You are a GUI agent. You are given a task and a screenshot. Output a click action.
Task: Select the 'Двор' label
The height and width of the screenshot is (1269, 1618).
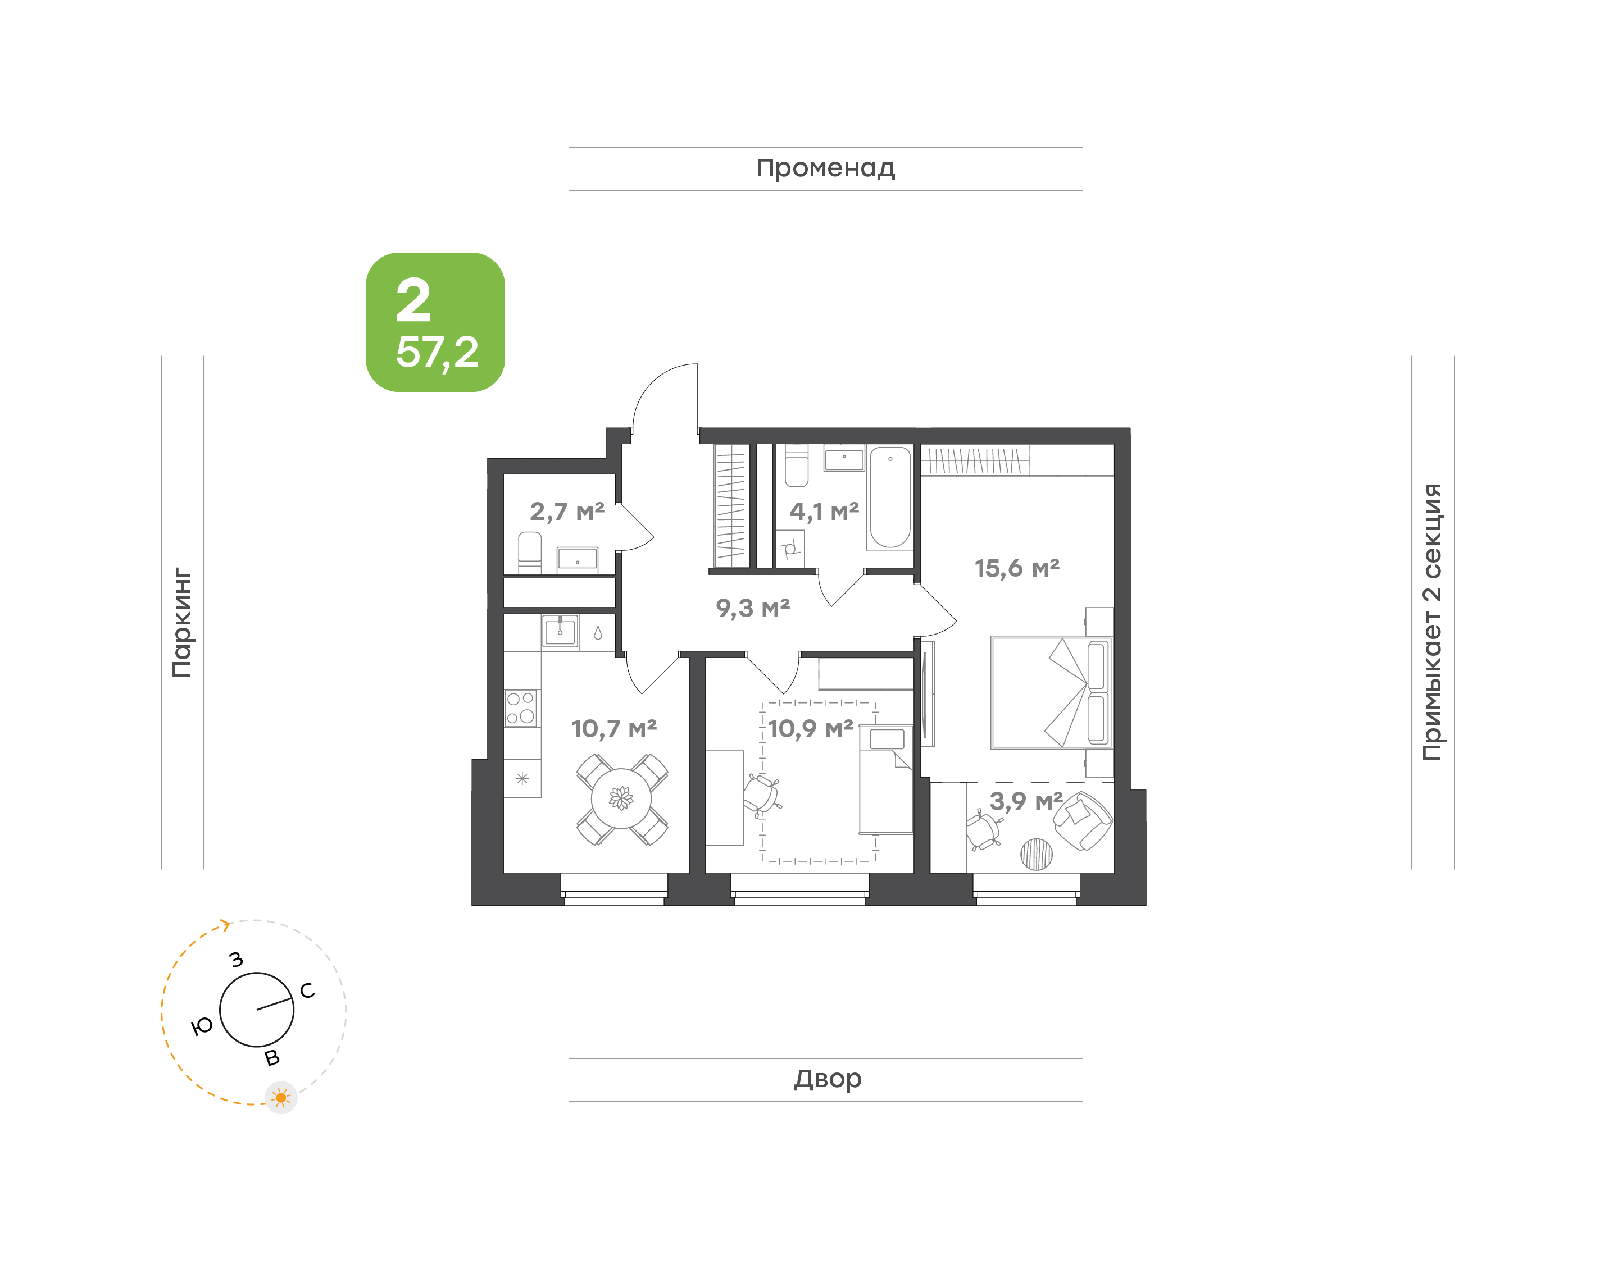[827, 1079]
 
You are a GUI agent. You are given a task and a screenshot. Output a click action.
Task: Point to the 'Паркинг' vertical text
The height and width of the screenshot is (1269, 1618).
[182, 623]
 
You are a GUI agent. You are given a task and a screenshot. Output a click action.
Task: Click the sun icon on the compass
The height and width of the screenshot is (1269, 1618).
[281, 1097]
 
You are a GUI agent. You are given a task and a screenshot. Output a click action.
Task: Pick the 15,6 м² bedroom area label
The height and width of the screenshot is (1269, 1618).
[1017, 568]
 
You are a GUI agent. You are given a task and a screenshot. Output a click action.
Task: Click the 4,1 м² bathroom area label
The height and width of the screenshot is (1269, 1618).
[824, 511]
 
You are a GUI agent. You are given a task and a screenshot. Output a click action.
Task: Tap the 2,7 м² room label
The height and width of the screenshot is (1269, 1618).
[567, 511]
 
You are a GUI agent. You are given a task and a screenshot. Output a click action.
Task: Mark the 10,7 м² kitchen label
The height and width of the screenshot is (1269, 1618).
[614, 728]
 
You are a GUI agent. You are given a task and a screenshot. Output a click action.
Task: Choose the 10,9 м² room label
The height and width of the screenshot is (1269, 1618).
[811, 728]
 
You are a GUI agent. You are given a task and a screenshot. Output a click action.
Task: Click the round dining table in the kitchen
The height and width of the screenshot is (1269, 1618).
[621, 798]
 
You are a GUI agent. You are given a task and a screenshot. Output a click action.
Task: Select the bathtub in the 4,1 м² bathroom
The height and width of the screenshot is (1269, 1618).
[890, 497]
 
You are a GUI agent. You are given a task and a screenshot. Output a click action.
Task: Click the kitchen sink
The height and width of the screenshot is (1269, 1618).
[560, 632]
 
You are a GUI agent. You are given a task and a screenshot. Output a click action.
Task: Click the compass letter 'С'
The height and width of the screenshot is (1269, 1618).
[307, 990]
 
